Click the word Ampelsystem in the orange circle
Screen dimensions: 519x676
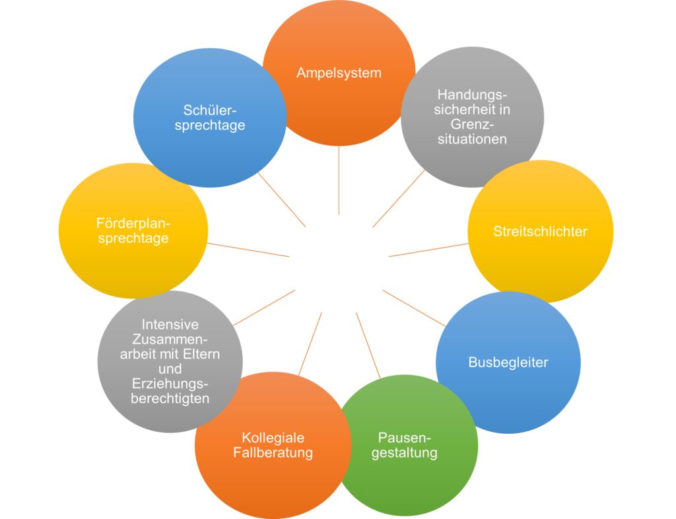pyautogui.click(x=339, y=73)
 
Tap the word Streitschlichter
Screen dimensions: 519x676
pyautogui.click(x=540, y=232)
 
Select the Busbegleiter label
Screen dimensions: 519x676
pyautogui.click(x=508, y=363)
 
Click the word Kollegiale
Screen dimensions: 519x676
pyautogui.click(x=273, y=438)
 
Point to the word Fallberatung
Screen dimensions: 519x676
pyautogui.click(x=273, y=453)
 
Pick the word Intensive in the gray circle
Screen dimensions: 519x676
pyautogui.click(x=170, y=325)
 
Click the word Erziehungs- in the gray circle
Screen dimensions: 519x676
pyautogui.click(x=170, y=384)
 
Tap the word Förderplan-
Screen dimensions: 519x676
pyautogui.click(x=133, y=223)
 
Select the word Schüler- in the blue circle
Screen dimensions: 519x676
pyautogui.click(x=209, y=110)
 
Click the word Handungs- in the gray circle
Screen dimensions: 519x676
pyautogui.click(x=473, y=95)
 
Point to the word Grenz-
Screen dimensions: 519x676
pyautogui.click(x=473, y=124)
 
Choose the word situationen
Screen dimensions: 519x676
pyautogui.click(x=473, y=139)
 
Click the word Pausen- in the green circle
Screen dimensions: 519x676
pyautogui.click(x=404, y=438)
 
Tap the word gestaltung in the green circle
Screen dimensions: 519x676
pyautogui.click(x=404, y=453)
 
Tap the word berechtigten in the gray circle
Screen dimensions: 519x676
pyautogui.click(x=170, y=399)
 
